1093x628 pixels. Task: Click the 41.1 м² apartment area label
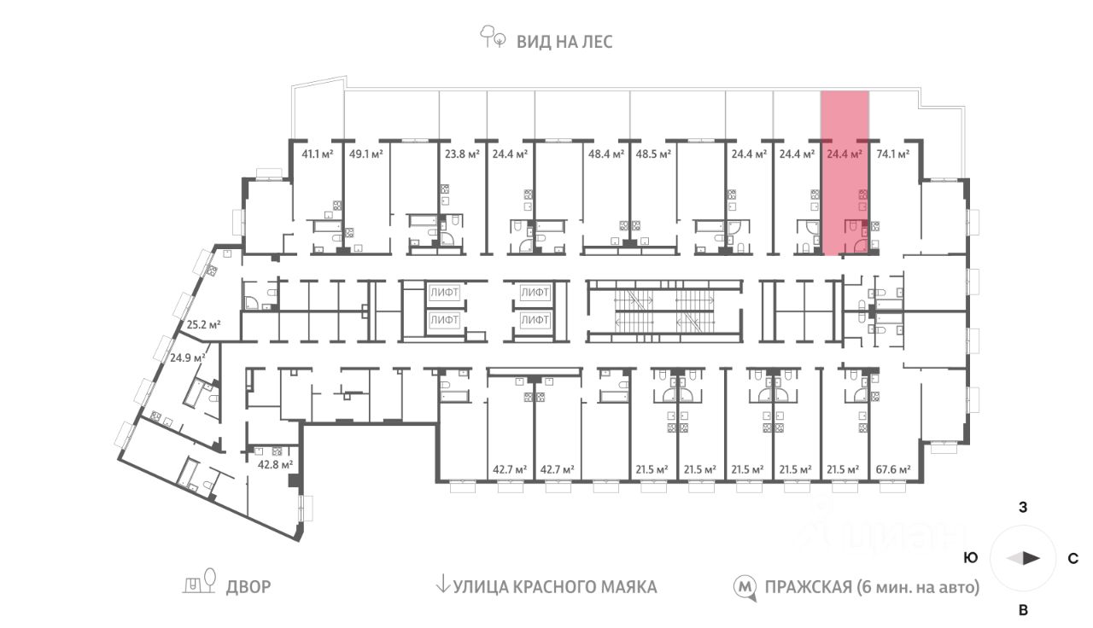318,154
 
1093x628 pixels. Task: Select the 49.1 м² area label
365,154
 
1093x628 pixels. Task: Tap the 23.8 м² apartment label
462,154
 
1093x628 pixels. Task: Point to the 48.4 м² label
605,154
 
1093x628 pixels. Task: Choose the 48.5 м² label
652,154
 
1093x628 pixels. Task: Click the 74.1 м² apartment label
892,154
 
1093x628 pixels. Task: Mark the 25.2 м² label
204,325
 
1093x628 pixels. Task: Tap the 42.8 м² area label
276,465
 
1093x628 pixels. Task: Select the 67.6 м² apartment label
893,469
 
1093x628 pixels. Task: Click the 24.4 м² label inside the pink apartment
845,154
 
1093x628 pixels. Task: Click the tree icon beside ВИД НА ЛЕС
493,38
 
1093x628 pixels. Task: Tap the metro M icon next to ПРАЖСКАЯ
745,587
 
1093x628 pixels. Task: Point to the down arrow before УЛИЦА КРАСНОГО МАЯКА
442,585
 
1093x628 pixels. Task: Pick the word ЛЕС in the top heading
598,41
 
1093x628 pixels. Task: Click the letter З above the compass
1023,508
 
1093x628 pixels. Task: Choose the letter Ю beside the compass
970,558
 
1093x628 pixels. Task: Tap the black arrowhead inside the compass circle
1032,558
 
